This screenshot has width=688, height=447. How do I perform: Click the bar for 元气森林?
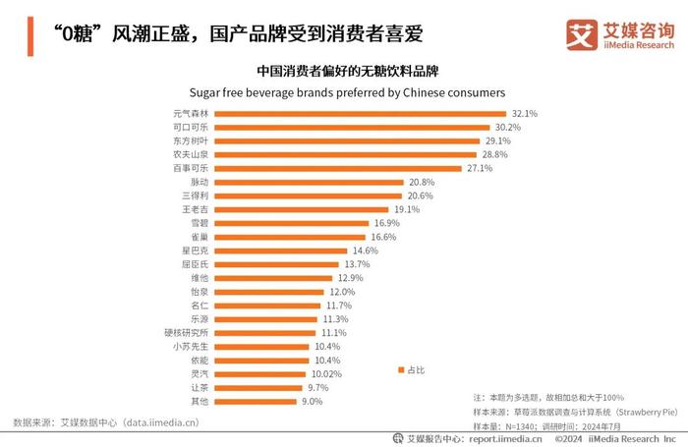tap(354, 114)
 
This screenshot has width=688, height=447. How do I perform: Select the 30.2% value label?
tap(507, 128)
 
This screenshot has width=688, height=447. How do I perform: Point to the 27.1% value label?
tap(480, 169)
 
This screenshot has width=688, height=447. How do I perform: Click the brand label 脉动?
tap(199, 183)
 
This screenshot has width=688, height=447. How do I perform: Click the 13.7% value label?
tap(355, 264)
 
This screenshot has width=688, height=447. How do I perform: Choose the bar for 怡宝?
tap(269, 292)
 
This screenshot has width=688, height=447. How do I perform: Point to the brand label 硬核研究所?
tap(187, 333)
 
